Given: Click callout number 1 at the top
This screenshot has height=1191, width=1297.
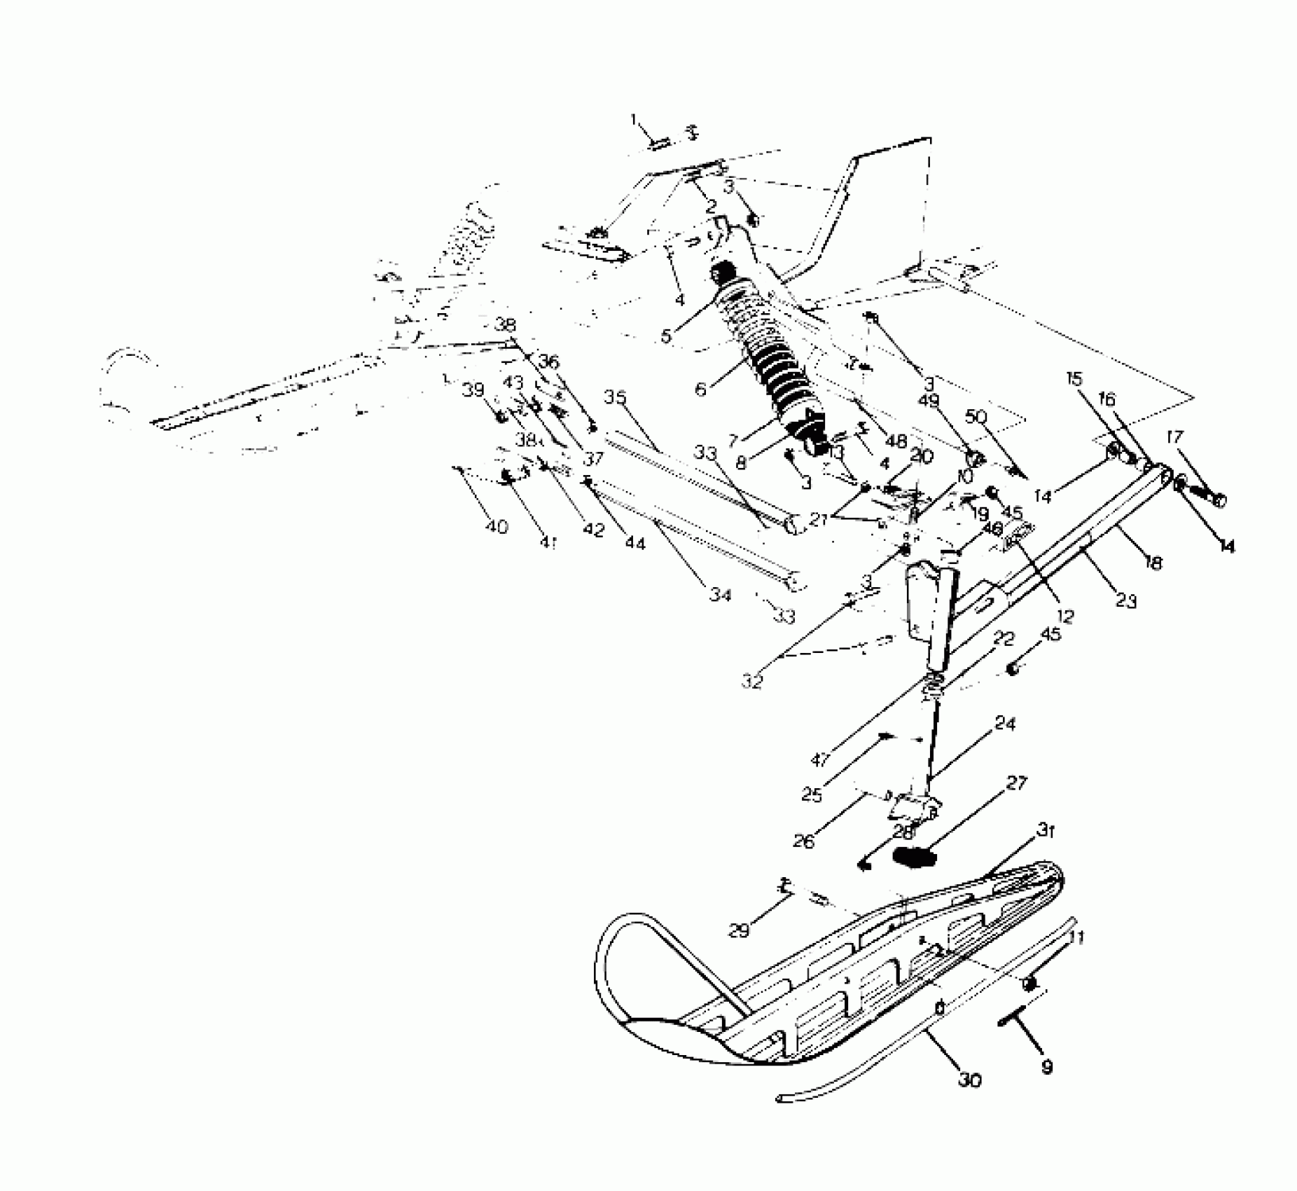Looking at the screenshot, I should pyautogui.click(x=634, y=120).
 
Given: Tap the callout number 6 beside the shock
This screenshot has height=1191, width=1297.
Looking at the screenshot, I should pyautogui.click(x=701, y=387).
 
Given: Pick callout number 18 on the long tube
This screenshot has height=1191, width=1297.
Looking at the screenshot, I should pyautogui.click(x=1153, y=560).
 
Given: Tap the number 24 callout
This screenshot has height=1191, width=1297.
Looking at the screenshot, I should pyautogui.click(x=1005, y=723).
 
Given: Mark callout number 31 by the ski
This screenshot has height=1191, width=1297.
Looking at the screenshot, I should pyautogui.click(x=1046, y=832).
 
